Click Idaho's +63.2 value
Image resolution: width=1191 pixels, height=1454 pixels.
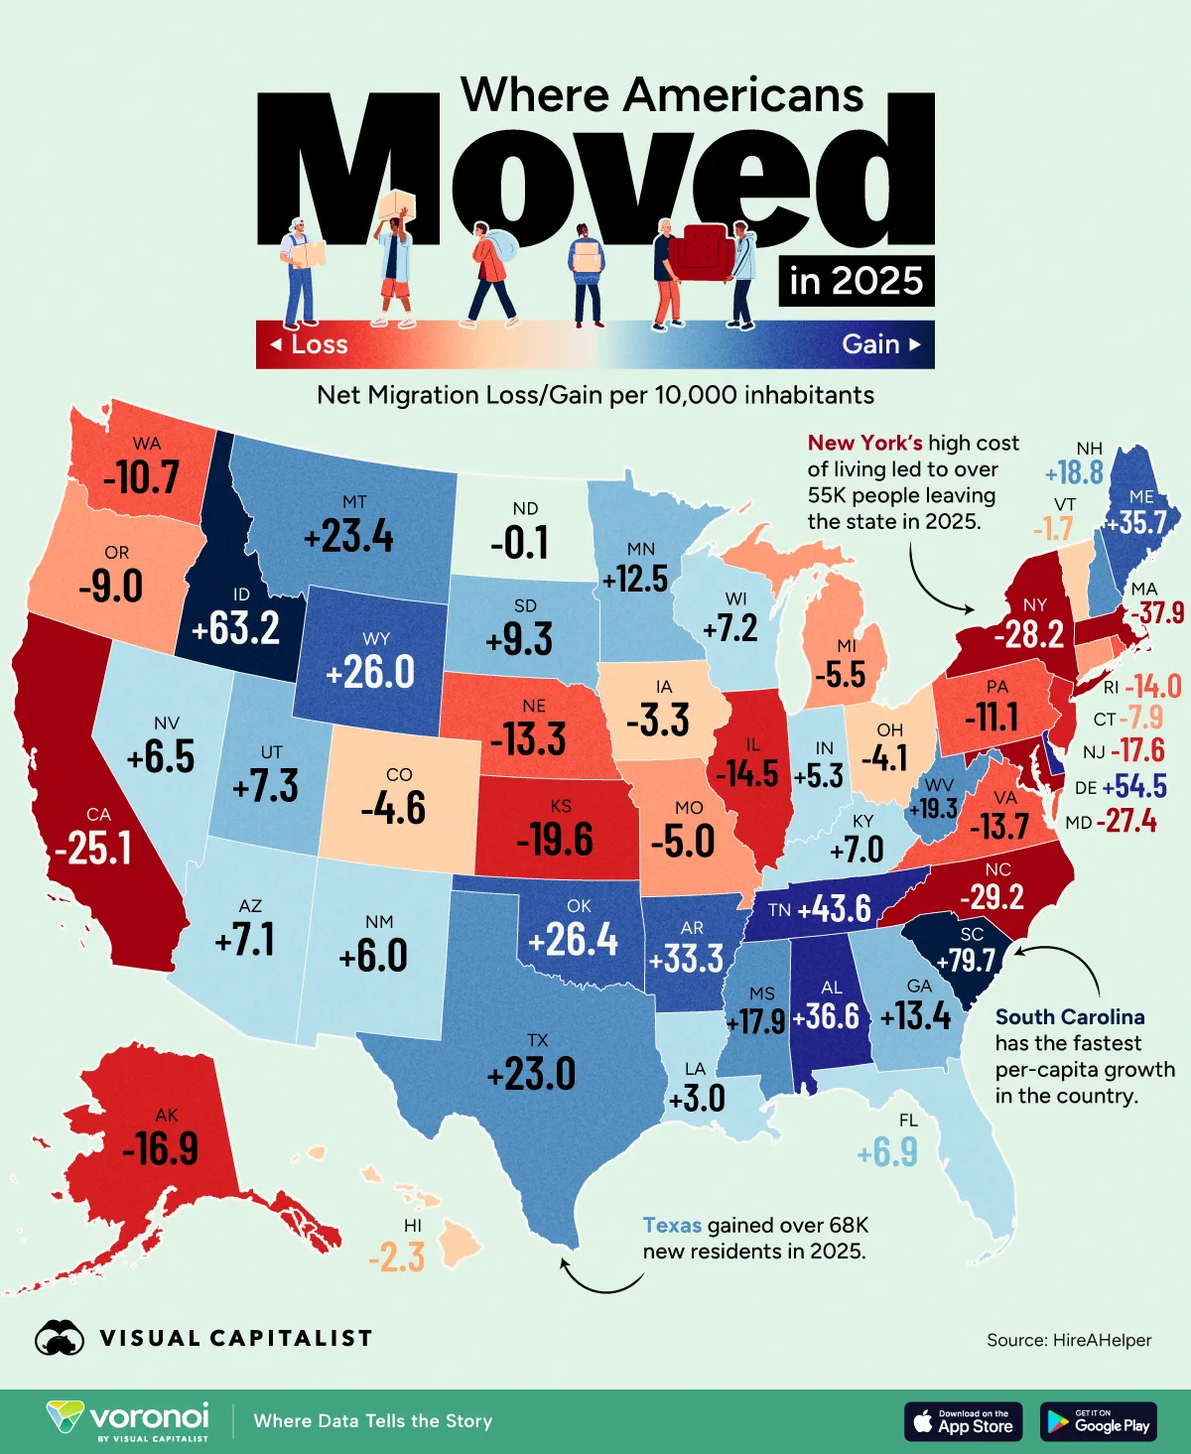[x=235, y=628]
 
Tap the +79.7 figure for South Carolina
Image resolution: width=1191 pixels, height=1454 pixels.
[x=966, y=960]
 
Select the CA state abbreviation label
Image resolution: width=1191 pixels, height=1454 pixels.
[x=98, y=815]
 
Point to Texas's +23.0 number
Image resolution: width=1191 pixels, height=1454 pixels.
[x=531, y=1074]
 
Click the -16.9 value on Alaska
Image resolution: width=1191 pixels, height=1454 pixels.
[x=161, y=1149]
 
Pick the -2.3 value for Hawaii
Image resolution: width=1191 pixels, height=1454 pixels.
[x=396, y=1257]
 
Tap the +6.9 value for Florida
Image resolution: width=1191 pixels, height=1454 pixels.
[x=887, y=1153]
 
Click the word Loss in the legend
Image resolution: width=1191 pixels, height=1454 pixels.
[x=319, y=344]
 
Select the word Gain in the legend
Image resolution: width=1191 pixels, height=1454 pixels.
[x=870, y=344]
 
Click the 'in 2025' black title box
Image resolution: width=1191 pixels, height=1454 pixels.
[x=856, y=281]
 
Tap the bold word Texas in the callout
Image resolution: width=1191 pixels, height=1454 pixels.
[x=672, y=1225]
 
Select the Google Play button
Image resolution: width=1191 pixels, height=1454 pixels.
[x=1098, y=1421]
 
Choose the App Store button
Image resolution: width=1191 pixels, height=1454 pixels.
[x=963, y=1421]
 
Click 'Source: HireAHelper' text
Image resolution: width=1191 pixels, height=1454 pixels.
[x=1068, y=1340]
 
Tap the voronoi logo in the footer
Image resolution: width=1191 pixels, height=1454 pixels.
[x=129, y=1420]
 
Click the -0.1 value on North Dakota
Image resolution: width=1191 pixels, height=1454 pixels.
[x=519, y=542]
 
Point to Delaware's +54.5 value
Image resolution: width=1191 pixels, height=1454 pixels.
[x=1134, y=786]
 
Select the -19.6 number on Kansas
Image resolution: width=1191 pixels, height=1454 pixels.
[x=555, y=840]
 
